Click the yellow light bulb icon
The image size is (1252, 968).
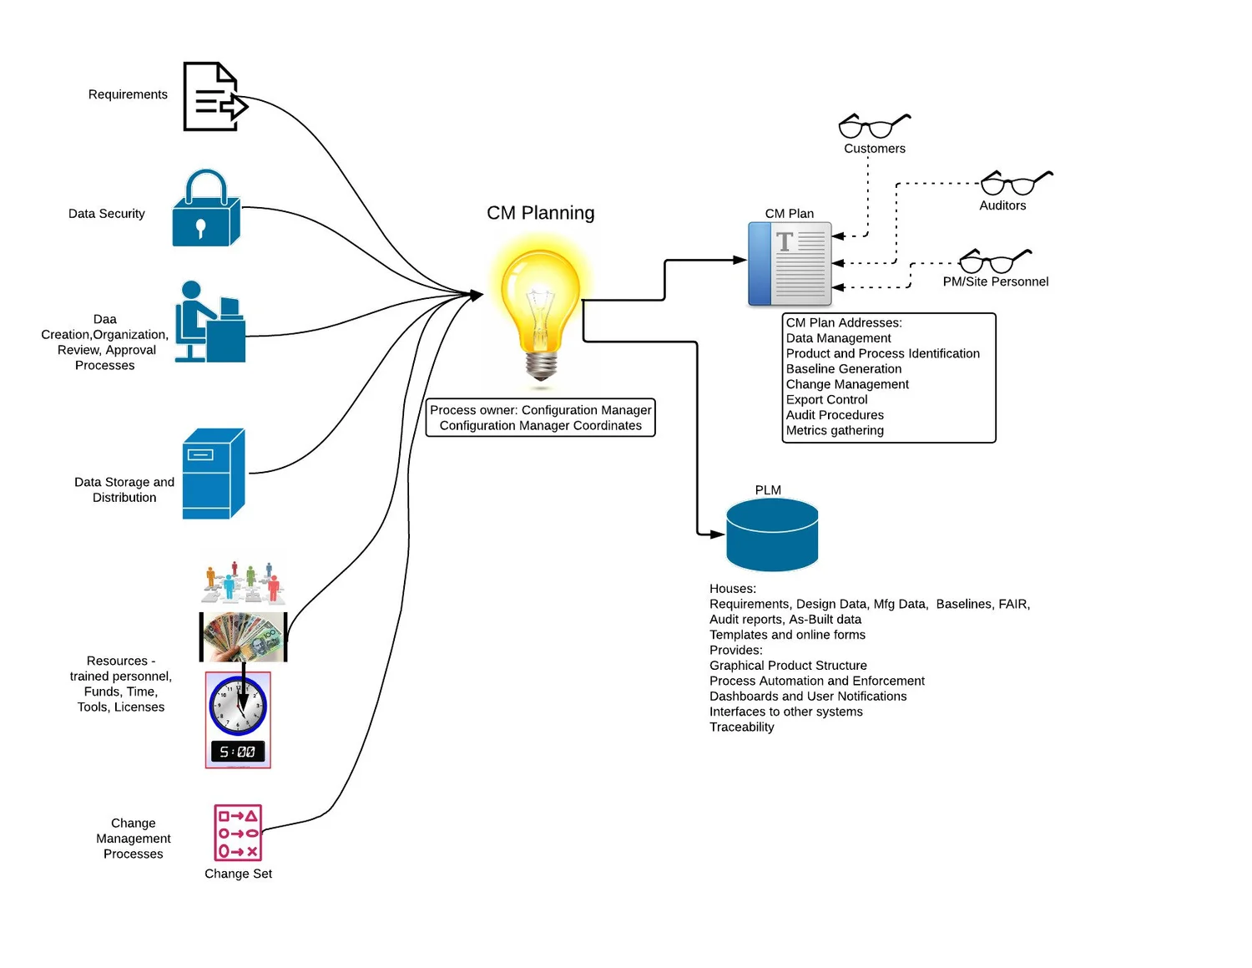[x=540, y=309]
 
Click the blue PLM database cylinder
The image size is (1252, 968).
[x=772, y=535]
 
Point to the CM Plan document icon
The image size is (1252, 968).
[x=790, y=264]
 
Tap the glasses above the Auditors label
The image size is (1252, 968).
[x=1015, y=183]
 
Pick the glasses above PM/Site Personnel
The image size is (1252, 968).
[x=994, y=261]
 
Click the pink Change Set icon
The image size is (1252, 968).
[x=238, y=833]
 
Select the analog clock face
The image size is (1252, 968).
[x=238, y=705]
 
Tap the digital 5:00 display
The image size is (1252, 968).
[x=238, y=752]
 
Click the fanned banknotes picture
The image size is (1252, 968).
[x=243, y=636]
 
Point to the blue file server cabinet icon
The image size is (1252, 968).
[x=214, y=474]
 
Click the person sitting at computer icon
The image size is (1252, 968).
[x=210, y=322]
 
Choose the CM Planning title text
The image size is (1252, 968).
[x=540, y=213]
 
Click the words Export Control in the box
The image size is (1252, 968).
[x=826, y=400]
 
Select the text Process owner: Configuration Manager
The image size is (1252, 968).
[x=540, y=410]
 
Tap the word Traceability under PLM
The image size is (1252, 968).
[x=741, y=727]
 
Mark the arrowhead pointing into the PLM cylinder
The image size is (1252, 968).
[x=716, y=534]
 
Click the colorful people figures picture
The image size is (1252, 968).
[x=243, y=583]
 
